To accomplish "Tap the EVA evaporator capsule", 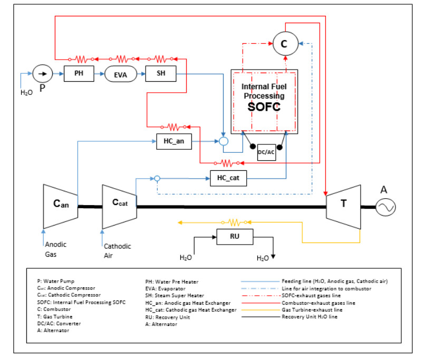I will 120,74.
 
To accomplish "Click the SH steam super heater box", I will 160,74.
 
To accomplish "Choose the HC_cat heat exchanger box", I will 228,178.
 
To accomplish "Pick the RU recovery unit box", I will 235,237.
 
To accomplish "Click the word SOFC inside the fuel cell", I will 264,106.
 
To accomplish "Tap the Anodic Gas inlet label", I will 55,249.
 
